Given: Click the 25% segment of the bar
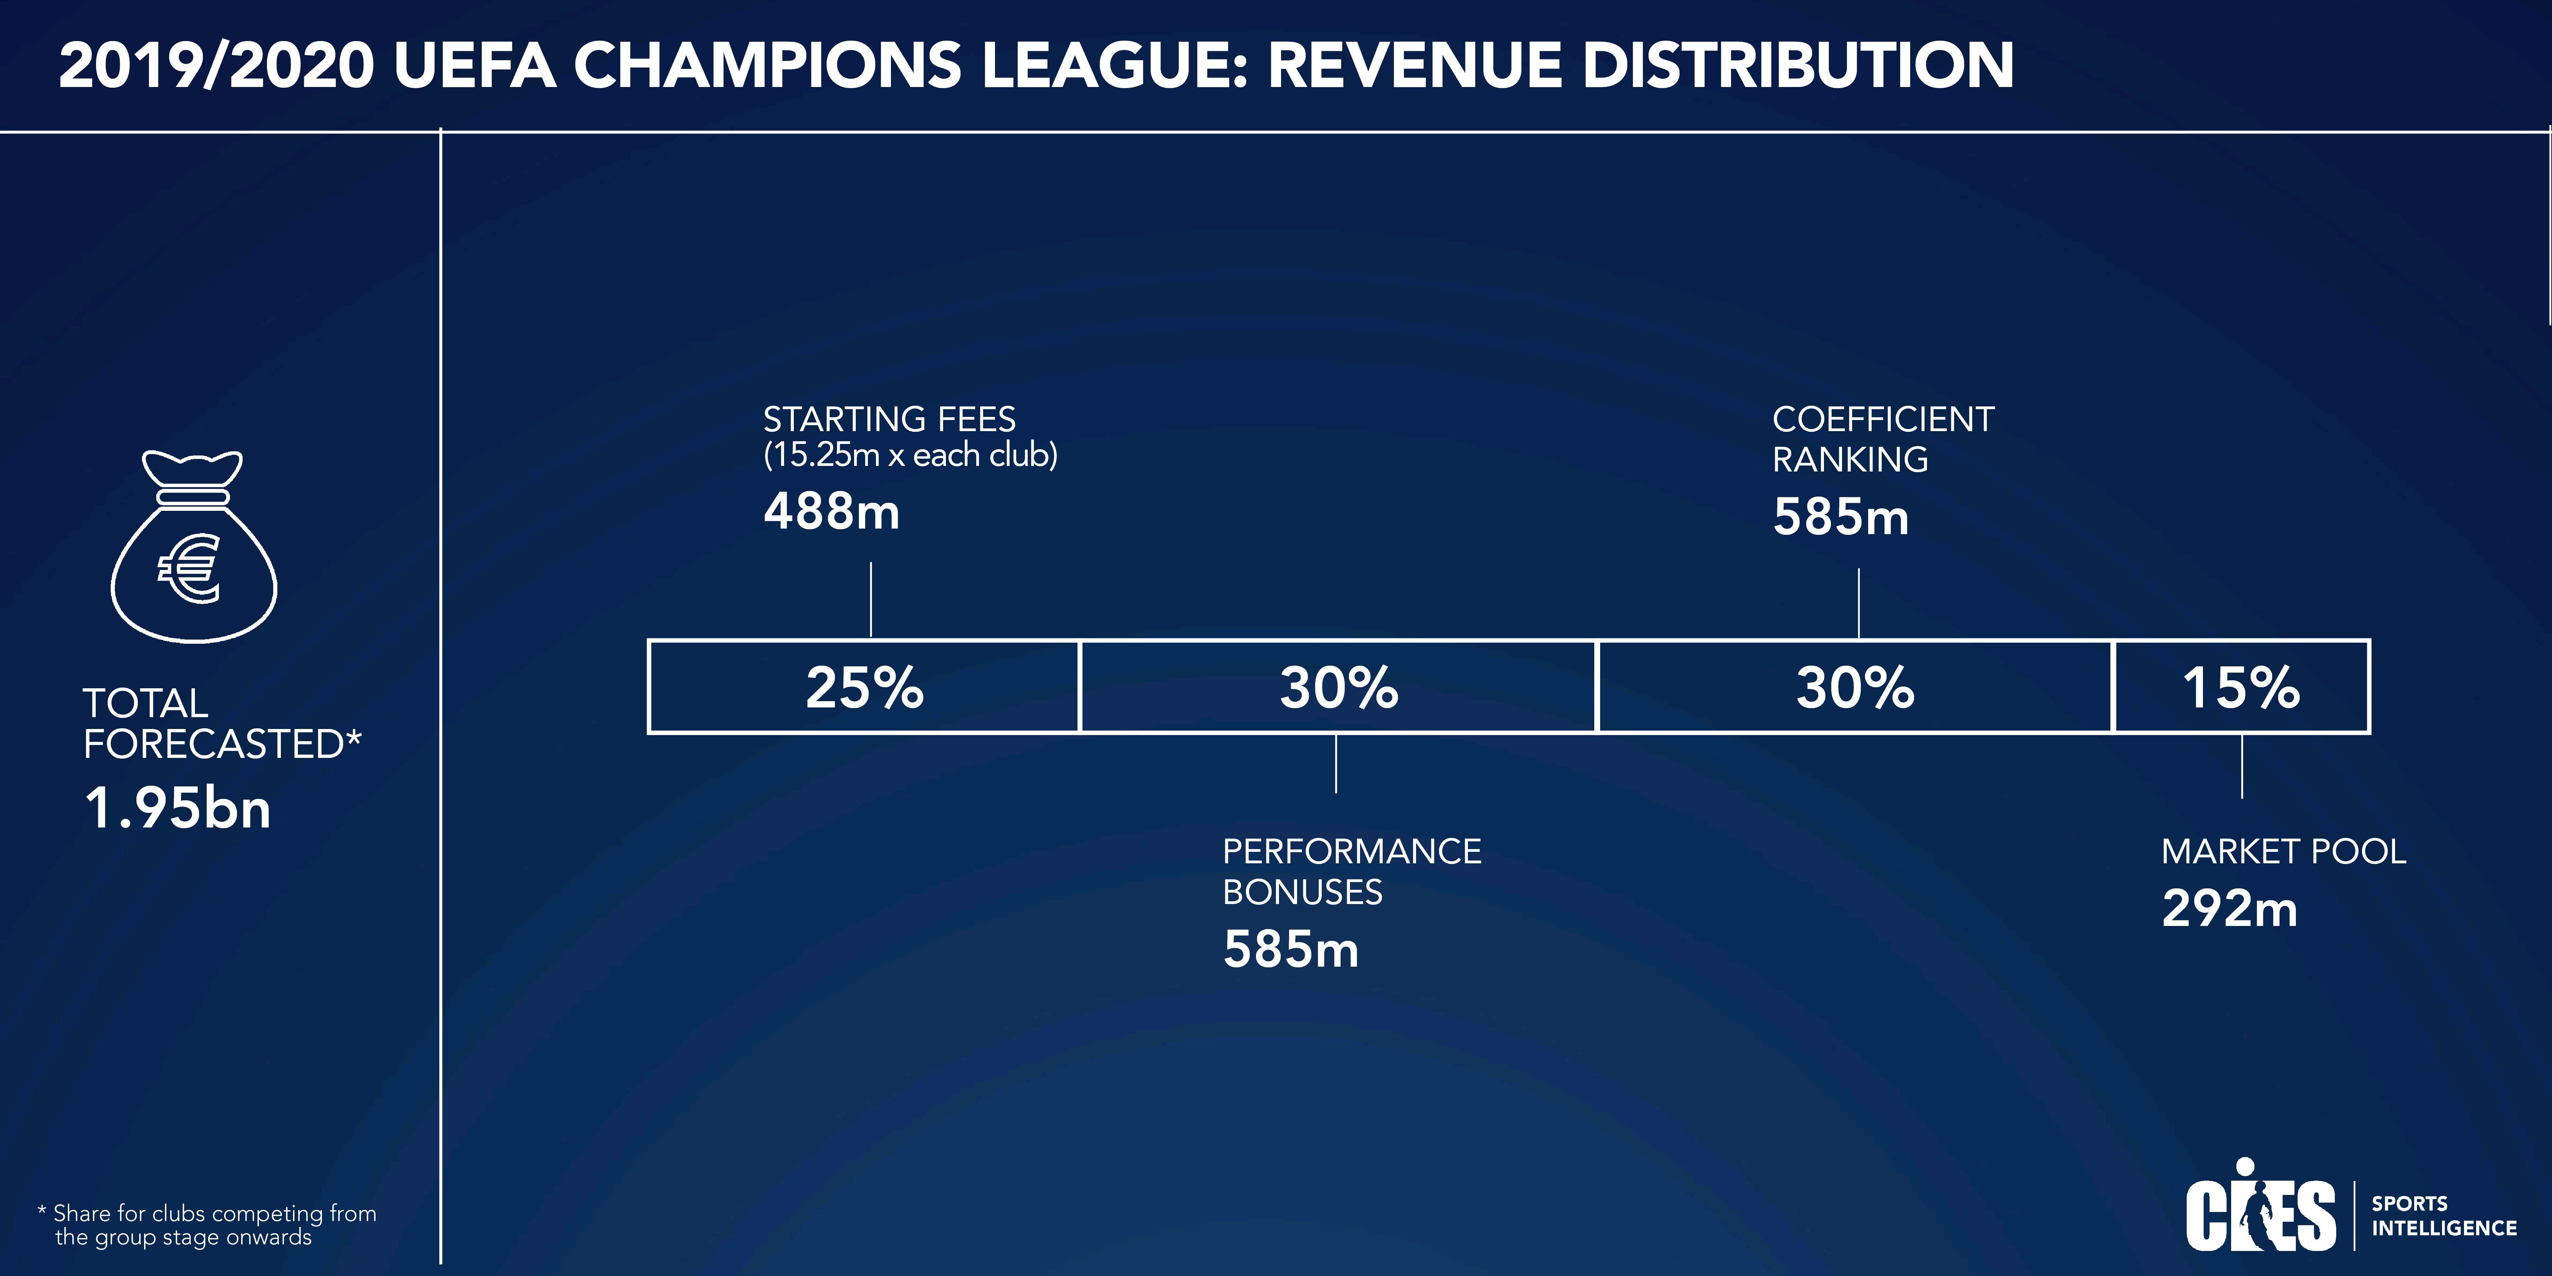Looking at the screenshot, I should [864, 687].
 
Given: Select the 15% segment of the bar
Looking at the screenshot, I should [2241, 687].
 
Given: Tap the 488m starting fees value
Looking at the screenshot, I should [831, 512].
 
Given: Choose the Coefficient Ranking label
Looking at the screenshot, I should [1882, 439].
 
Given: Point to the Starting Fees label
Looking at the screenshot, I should [888, 419].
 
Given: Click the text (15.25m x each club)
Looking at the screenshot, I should [909, 455].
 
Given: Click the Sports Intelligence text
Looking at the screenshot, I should [2443, 1215].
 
